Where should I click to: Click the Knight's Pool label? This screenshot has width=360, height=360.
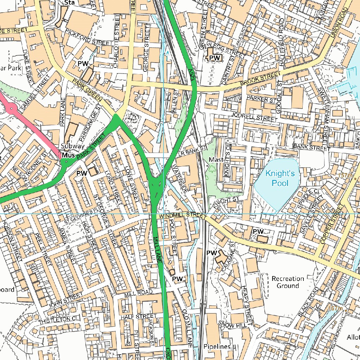point(277,178)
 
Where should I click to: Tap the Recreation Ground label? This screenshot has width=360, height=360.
point(288,282)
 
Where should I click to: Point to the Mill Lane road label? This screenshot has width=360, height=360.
point(157,250)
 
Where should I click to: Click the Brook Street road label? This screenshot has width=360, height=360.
point(261,79)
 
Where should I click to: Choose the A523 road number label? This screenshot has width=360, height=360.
point(191,74)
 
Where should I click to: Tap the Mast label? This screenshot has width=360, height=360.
point(216,160)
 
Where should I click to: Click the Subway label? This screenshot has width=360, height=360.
point(72,146)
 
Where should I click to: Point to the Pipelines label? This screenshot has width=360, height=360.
point(217,347)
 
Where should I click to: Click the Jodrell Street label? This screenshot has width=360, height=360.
point(254,117)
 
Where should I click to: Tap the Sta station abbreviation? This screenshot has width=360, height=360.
point(69,3)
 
